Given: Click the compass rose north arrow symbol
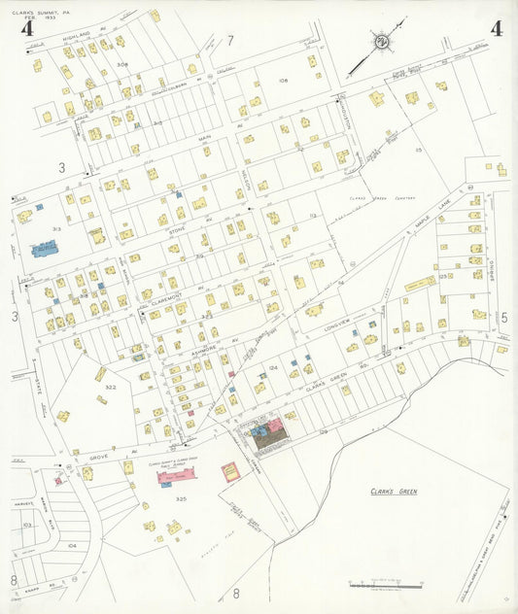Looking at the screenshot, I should click(382, 42).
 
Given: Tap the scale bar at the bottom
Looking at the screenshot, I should click(386, 585).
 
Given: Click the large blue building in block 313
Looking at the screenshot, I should click(45, 250).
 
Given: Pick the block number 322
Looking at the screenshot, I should click(111, 387).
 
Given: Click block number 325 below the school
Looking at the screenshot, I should click(181, 498).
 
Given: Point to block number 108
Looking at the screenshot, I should click(283, 81).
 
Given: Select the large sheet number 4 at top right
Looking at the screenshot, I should click(496, 28).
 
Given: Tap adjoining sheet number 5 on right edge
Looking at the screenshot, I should click(503, 317).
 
